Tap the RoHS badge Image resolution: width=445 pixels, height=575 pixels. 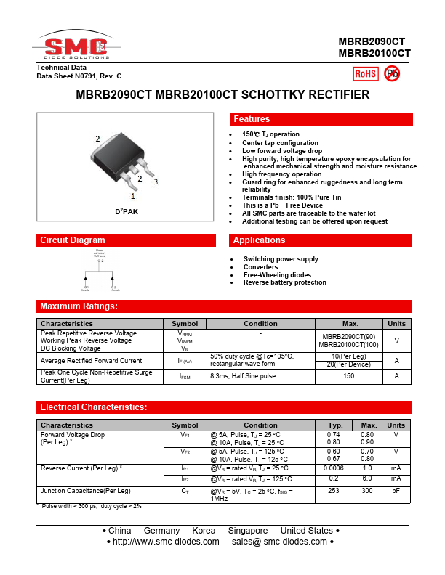pyautogui.click(x=365, y=73)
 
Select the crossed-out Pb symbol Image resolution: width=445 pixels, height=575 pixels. pyautogui.click(x=392, y=73)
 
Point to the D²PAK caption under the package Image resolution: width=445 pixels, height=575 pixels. pyautogui.click(x=126, y=211)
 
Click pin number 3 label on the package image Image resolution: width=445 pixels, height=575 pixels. pyautogui.click(x=156, y=182)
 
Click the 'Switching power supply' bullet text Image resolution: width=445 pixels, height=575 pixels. pyautogui.click(x=281, y=259)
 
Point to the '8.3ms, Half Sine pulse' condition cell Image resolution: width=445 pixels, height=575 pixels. pyautogui.click(x=243, y=376)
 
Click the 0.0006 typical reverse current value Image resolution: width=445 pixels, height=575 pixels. pyautogui.click(x=335, y=468)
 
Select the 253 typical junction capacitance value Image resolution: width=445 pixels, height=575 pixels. pyautogui.click(x=335, y=491)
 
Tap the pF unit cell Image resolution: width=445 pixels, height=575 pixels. pyautogui.click(x=396, y=491)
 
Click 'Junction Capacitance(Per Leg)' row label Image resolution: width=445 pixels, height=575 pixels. pyautogui.click(x=86, y=491)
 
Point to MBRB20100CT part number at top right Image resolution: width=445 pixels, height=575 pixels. pyautogui.click(x=374, y=53)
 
